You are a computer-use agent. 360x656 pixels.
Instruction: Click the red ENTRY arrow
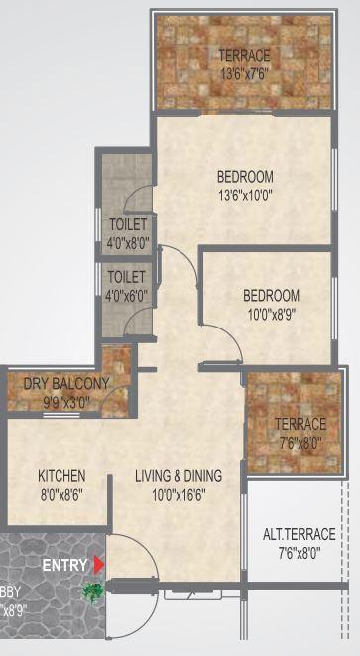click(97, 565)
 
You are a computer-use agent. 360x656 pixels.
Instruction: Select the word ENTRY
click(65, 565)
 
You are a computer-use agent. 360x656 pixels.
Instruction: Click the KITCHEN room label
click(61, 475)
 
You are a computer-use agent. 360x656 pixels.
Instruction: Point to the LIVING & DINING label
click(179, 475)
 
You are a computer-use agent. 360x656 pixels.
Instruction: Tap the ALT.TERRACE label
click(299, 535)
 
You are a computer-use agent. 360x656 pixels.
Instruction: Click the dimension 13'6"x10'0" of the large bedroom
click(244, 195)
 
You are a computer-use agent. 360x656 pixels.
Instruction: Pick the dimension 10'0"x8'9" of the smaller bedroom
click(271, 313)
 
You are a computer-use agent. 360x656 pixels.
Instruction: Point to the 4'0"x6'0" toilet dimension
click(128, 294)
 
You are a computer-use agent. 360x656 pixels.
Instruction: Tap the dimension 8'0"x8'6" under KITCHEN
click(61, 493)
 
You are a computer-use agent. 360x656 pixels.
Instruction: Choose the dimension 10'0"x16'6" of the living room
click(179, 493)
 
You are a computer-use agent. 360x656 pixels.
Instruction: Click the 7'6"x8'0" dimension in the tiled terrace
click(299, 443)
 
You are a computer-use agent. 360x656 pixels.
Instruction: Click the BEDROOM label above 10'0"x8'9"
click(271, 295)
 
